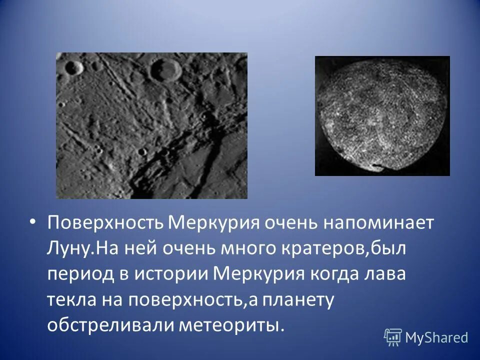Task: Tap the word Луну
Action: point(65,248)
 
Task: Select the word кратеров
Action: point(318,248)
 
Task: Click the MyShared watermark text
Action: point(436,337)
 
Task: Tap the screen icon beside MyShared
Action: point(393,337)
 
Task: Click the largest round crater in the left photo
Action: point(165,69)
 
